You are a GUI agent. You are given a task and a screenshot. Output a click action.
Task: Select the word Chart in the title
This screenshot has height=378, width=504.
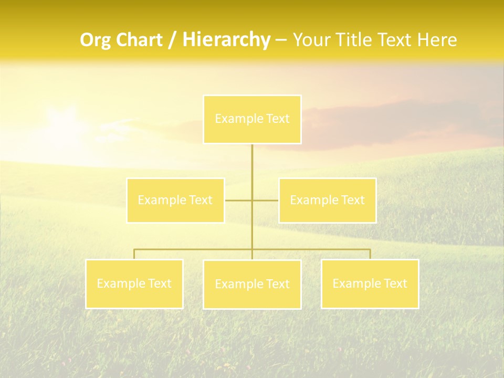(x=139, y=40)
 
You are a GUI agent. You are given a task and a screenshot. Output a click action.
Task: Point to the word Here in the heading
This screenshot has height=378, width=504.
(x=437, y=40)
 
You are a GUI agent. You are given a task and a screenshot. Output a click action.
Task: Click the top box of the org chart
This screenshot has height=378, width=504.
(x=252, y=119)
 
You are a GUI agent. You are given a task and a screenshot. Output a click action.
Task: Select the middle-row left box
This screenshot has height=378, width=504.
(x=175, y=200)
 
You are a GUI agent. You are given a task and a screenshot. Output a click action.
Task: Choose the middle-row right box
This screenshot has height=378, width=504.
(x=327, y=200)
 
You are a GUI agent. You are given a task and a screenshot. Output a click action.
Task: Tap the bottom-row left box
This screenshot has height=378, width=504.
(x=134, y=283)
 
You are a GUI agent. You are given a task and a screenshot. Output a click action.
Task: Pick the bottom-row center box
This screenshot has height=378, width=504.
(x=252, y=284)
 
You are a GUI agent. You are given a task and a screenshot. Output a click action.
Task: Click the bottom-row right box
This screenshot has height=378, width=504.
(x=370, y=283)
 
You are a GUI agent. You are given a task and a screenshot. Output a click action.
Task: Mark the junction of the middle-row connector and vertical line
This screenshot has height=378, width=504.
(x=252, y=200)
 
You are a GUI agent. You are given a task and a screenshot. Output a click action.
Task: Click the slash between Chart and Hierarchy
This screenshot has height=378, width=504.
(x=172, y=40)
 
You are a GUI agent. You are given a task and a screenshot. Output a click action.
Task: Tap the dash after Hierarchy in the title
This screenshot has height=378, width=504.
(x=281, y=40)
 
